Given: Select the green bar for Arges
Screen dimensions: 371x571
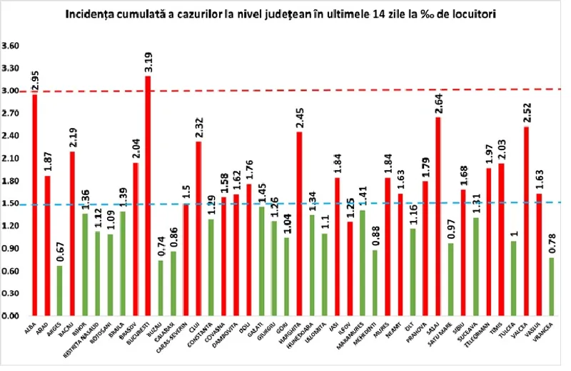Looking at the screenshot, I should tap(59, 290).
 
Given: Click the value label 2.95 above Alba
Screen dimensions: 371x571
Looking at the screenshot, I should tap(35, 79).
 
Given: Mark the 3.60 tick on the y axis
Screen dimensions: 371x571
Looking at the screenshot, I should tap(11, 46).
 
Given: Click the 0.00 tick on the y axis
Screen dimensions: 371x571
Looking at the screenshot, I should tap(11, 315).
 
